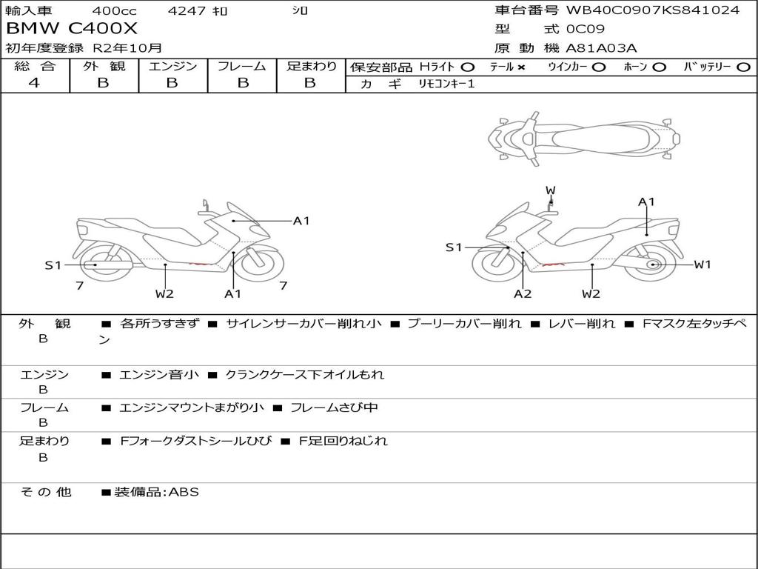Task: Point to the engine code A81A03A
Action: pos(601,48)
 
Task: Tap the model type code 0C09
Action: pos(586,30)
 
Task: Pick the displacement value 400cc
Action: pos(114,10)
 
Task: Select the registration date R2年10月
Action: pos(127,48)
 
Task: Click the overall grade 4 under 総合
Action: pos(34,83)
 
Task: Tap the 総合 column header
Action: pos(35,66)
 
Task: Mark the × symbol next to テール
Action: pos(521,67)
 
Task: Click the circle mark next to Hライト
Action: pos(468,67)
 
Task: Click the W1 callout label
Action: pos(702,264)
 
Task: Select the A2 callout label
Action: pos(523,293)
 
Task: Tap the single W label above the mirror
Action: pos(550,190)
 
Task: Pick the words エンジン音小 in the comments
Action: pos(159,375)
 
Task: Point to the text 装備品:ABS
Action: pos(156,492)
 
